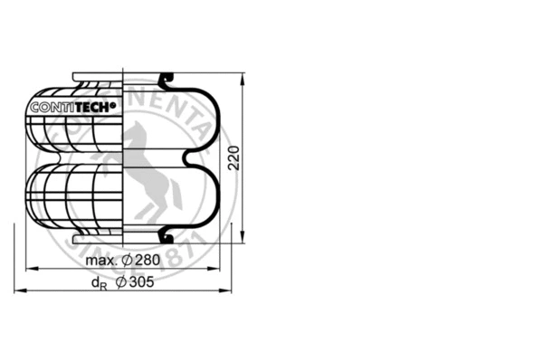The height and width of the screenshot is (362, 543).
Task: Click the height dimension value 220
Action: coord(233,158)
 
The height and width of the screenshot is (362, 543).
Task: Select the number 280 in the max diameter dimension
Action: coord(148,261)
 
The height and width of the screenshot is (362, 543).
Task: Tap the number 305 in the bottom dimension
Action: coord(142,283)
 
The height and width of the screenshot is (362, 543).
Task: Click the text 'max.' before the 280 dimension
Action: coord(103,261)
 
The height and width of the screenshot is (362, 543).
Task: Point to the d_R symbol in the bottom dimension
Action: coord(97,284)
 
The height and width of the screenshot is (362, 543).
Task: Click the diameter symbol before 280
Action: coord(128,261)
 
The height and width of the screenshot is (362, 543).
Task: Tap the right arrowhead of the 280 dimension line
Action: coord(218,269)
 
